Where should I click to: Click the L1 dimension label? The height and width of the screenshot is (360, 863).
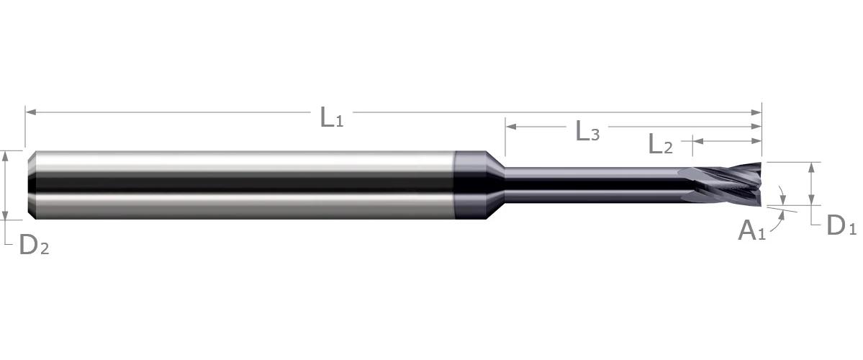(332, 117)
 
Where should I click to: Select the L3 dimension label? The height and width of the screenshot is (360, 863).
(587, 132)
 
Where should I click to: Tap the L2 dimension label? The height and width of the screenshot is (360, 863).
(661, 144)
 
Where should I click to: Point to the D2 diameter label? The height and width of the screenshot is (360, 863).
(34, 244)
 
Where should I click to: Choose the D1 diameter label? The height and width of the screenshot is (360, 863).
(841, 225)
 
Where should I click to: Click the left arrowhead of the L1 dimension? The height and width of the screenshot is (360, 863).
(31, 112)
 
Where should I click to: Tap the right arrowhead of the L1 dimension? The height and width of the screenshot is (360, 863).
(756, 112)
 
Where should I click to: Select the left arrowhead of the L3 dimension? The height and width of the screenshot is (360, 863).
(511, 127)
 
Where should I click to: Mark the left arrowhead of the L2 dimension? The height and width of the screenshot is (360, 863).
(698, 141)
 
